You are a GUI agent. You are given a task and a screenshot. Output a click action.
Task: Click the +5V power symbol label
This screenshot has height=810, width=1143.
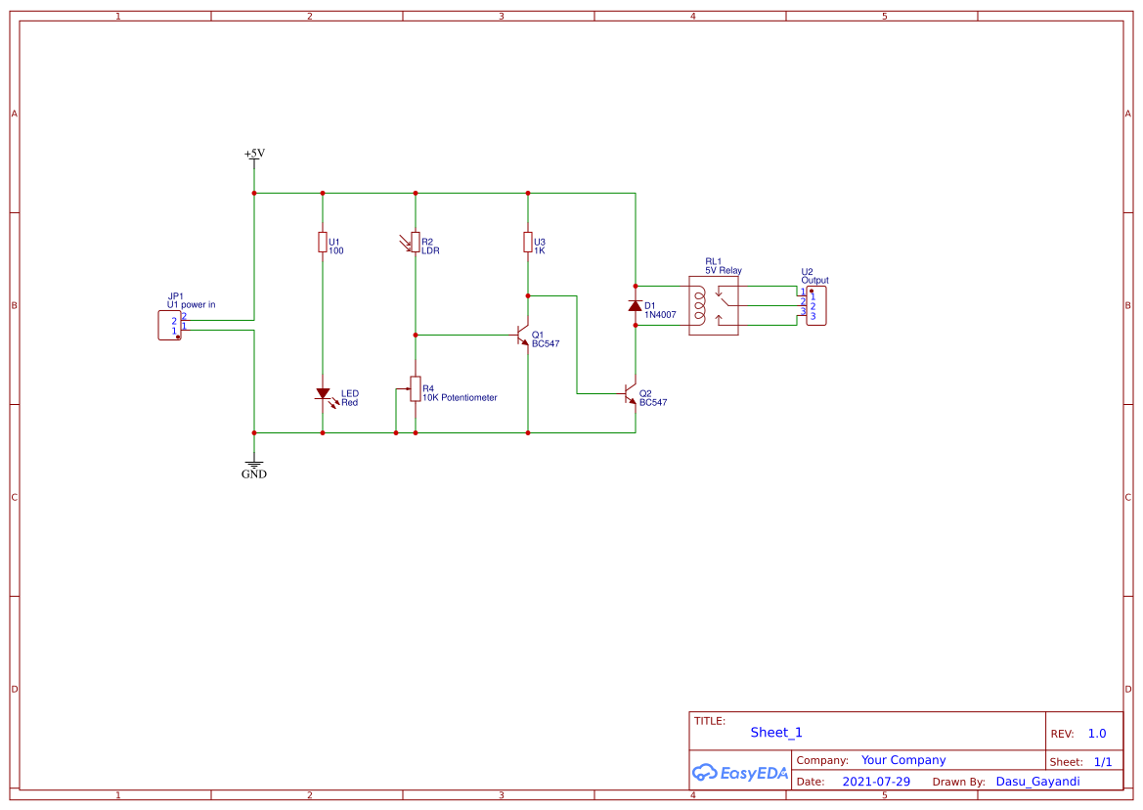coord(254,154)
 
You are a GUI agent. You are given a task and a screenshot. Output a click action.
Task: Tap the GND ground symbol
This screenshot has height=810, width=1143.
coord(254,469)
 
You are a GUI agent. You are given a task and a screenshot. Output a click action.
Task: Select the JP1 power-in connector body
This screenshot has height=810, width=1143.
coord(169,326)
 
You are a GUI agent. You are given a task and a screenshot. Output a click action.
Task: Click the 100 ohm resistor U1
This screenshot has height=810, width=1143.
coord(323,242)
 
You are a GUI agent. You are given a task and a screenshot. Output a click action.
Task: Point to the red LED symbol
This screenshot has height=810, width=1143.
coord(323,394)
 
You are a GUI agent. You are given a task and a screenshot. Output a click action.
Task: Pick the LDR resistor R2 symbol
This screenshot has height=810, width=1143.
coord(415,242)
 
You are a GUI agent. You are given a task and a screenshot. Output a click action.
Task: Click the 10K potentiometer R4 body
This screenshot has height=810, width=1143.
coord(415,389)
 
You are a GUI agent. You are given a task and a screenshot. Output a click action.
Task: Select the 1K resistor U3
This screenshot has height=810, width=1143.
coord(528,242)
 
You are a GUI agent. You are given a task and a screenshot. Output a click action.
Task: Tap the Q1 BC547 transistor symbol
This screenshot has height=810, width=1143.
coord(523,336)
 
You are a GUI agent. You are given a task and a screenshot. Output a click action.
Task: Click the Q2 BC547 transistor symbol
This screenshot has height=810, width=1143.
coord(631,394)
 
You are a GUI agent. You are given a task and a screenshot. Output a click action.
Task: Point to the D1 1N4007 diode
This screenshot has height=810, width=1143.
coord(636,306)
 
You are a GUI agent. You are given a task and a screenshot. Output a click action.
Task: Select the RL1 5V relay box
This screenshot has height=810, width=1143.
coord(714,306)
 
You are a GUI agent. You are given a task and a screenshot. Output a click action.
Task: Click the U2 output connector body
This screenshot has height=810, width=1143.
coord(816,306)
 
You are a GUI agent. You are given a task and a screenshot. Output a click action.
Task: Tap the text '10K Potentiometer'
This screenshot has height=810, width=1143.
coord(460,398)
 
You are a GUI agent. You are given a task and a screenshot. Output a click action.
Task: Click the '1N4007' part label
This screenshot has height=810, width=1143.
coord(660,315)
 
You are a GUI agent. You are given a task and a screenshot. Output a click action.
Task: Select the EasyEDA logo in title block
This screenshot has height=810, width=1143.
coord(740,773)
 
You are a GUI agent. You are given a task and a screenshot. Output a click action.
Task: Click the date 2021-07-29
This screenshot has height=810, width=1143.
coord(876,782)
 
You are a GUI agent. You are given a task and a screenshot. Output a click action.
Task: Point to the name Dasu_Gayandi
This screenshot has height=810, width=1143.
coord(1037,782)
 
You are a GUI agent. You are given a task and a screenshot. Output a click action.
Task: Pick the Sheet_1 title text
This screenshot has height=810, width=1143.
coord(776,733)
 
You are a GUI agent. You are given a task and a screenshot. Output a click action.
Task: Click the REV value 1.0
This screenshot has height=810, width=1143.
coord(1097,734)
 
